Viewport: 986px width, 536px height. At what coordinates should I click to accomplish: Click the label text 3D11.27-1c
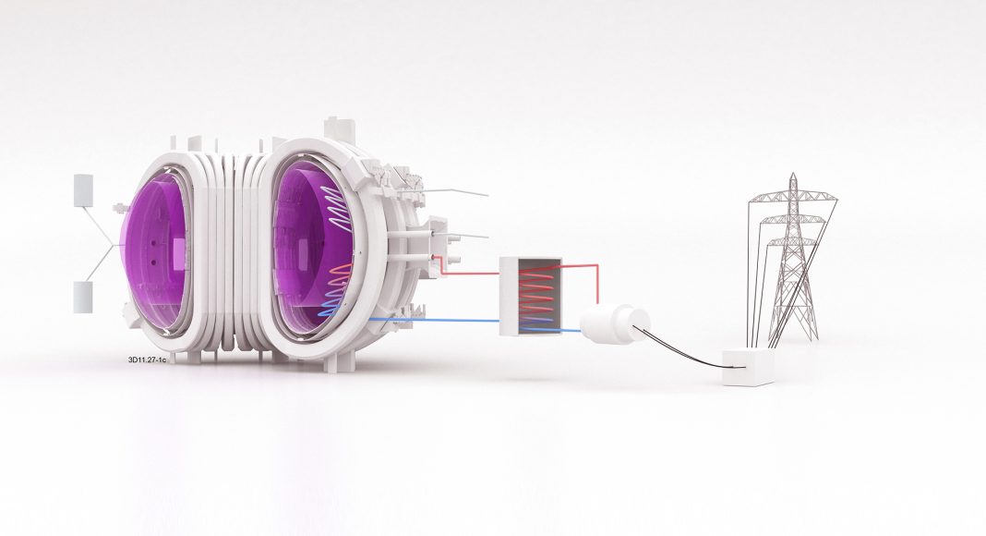pyautogui.click(x=147, y=359)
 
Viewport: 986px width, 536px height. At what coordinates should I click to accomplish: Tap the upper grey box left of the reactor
pyautogui.click(x=84, y=190)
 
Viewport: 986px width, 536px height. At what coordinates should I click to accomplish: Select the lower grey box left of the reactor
pyautogui.click(x=83, y=297)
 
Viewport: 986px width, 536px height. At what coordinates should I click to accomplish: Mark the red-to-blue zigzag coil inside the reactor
pyautogui.click(x=337, y=289)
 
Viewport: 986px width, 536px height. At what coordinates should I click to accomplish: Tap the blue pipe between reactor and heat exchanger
pyautogui.click(x=434, y=320)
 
